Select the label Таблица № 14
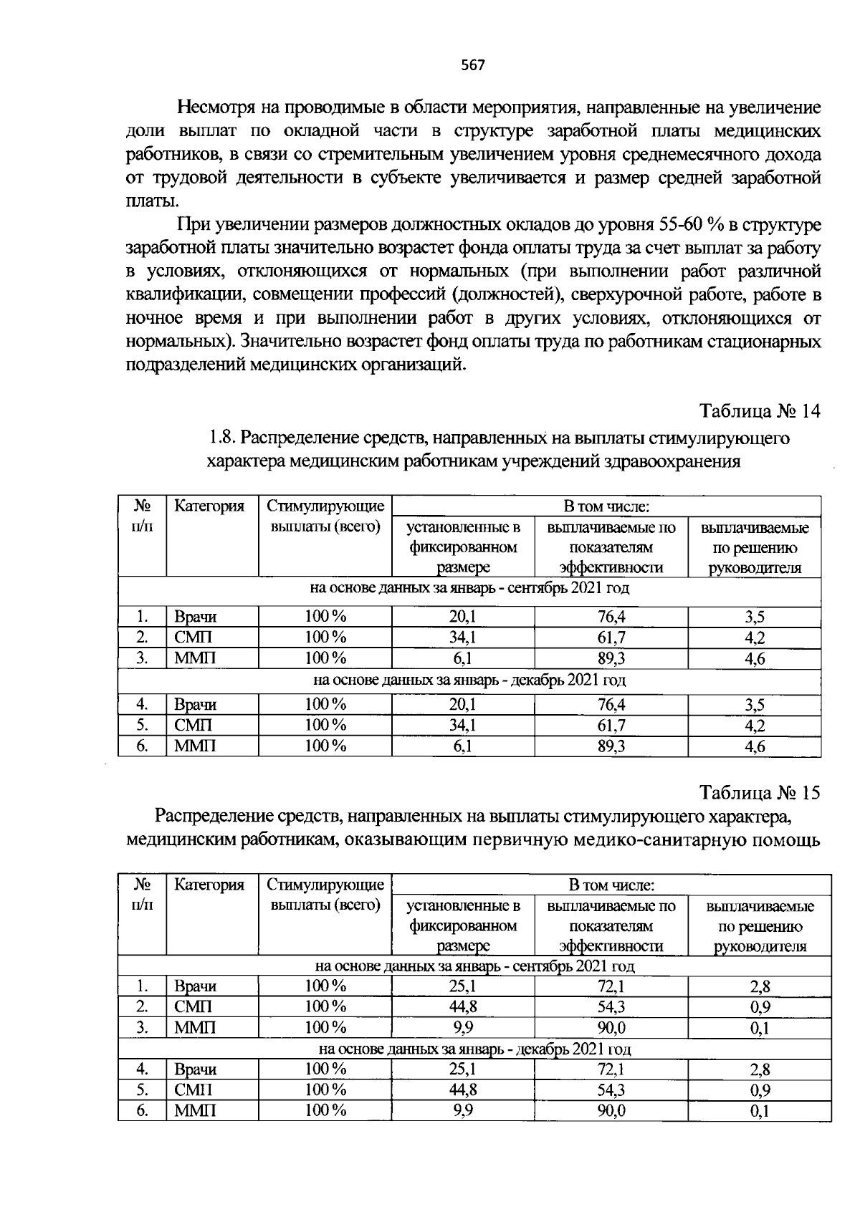(760, 412)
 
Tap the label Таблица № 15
(760, 793)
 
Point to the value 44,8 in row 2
(463, 1006)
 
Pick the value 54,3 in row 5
(611, 1090)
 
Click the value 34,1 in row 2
(463, 638)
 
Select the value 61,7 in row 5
(611, 726)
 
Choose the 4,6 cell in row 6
(755, 747)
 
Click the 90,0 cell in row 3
(611, 1028)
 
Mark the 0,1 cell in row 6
(760, 1112)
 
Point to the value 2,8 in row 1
(760, 986)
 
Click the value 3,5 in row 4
(755, 705)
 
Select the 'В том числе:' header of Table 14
(606, 507)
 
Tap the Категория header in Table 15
(209, 885)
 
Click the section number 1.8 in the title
(221, 438)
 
